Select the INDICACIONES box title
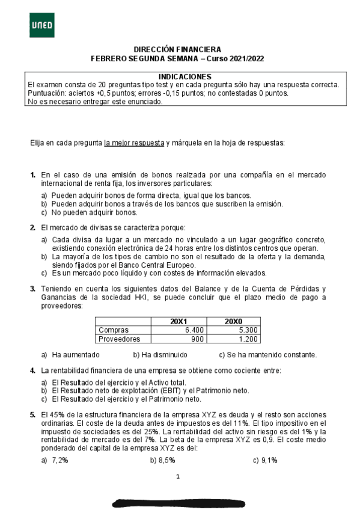click(184, 77)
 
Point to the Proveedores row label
click(118, 339)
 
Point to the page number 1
click(178, 478)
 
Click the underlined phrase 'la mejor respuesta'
click(133, 143)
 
